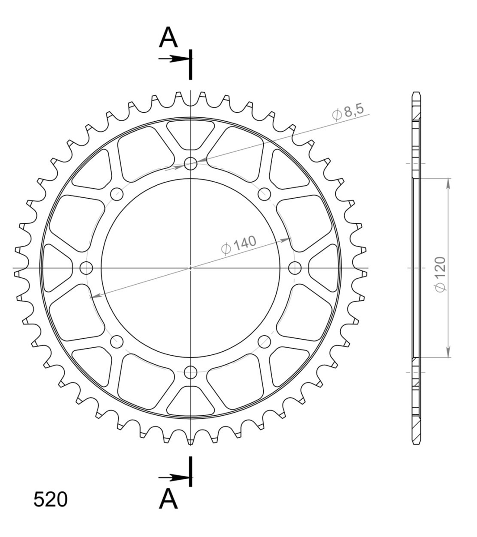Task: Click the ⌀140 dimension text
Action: pyautogui.click(x=239, y=245)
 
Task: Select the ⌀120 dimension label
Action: pyautogui.click(x=440, y=274)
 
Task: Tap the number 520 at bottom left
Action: pyautogui.click(x=51, y=499)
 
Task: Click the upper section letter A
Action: pyautogui.click(x=168, y=38)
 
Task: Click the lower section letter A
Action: pyautogui.click(x=168, y=499)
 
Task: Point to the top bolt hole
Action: pyautogui.click(x=190, y=163)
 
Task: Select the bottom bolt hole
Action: pyautogui.click(x=190, y=372)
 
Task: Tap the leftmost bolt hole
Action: pyautogui.click(x=86, y=268)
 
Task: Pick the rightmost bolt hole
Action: pyautogui.click(x=295, y=268)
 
